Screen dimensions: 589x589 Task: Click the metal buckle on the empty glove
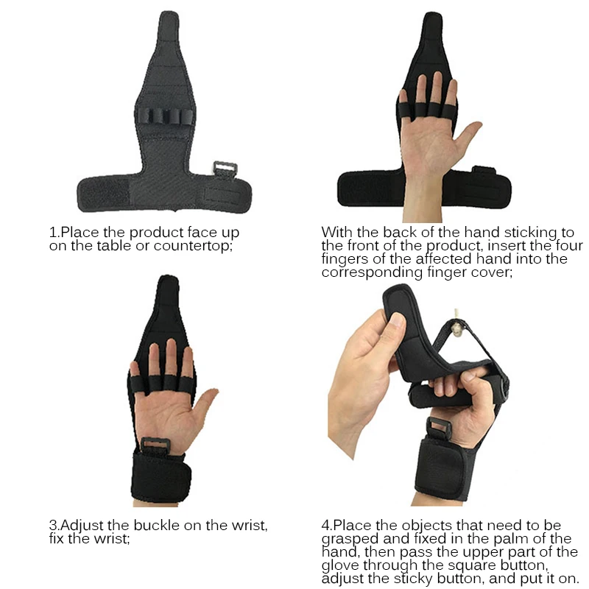tap(222, 170)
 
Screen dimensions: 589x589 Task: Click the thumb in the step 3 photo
tap(208, 404)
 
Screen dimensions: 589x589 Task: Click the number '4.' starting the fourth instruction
tap(327, 526)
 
